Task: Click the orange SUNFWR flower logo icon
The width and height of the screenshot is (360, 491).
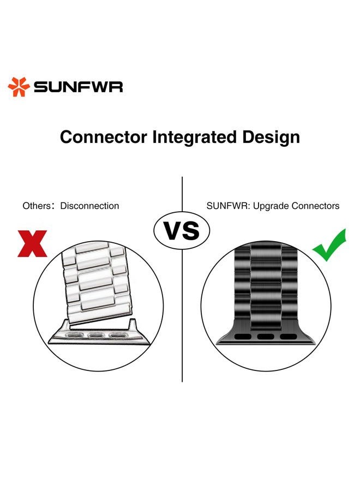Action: (x=19, y=87)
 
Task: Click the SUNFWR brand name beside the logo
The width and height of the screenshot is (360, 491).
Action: (x=78, y=87)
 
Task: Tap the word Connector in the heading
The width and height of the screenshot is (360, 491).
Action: (x=103, y=137)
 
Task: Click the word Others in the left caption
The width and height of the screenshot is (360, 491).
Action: (x=37, y=206)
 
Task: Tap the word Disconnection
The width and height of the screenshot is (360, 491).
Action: (x=89, y=206)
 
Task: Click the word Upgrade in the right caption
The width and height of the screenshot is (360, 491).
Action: (x=271, y=206)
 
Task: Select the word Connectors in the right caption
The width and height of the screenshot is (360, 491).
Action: (x=316, y=206)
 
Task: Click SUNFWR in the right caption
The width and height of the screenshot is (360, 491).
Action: (x=228, y=206)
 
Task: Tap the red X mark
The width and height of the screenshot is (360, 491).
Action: (x=32, y=244)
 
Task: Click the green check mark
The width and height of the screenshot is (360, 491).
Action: (x=329, y=245)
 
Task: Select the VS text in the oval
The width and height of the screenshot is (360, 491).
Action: (x=182, y=231)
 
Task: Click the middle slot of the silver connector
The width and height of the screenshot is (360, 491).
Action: (x=96, y=336)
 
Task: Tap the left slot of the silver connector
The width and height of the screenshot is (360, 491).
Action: (x=75, y=336)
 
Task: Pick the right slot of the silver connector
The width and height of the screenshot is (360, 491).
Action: (x=117, y=336)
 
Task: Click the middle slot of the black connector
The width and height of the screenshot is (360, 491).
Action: (x=266, y=337)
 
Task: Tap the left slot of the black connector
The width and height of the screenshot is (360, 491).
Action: (x=243, y=337)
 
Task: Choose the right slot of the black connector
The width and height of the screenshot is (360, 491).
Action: (x=289, y=337)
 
